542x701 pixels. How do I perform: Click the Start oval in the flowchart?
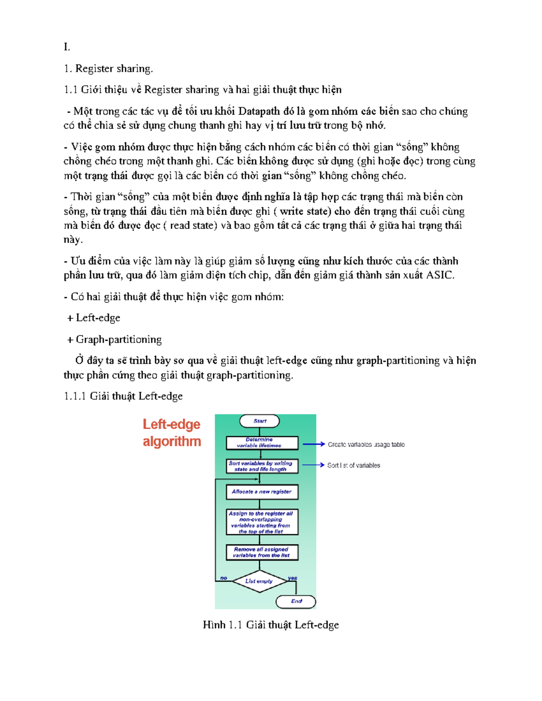click(259, 421)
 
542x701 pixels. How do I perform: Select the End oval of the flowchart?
click(296, 601)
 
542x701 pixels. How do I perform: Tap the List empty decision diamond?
click(260, 581)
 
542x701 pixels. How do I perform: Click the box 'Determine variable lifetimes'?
click(262, 443)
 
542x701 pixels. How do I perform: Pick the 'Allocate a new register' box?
click(262, 492)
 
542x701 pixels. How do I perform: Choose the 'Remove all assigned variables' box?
click(262, 552)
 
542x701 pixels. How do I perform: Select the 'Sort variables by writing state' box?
click(262, 466)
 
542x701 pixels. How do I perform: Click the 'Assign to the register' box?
click(262, 522)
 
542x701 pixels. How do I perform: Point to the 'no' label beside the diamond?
click(224, 578)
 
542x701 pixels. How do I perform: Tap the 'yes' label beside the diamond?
click(293, 578)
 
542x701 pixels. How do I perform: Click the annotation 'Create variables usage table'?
click(366, 445)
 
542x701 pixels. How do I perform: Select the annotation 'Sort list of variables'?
click(354, 465)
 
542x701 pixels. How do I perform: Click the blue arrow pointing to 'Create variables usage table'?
click(313, 444)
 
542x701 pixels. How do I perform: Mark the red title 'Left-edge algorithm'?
click(172, 432)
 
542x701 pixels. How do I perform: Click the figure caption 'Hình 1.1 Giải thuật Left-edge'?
click(271, 625)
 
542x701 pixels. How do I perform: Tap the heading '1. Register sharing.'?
click(108, 69)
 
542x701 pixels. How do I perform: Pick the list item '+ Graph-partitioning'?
click(114, 339)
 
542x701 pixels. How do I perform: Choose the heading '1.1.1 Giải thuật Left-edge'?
click(123, 396)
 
